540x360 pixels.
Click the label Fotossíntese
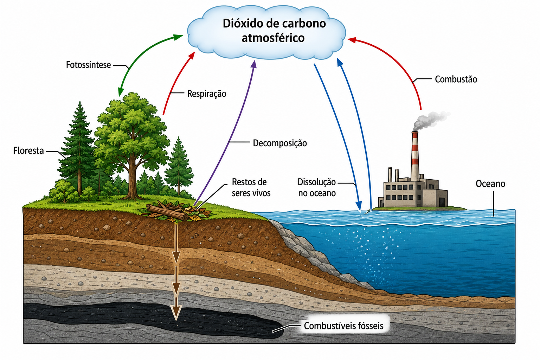[x=89, y=65]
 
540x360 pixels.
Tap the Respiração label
[x=207, y=94]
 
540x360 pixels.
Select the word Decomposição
[x=280, y=143]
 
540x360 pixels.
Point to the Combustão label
[x=456, y=79]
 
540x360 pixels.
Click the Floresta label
[x=28, y=151]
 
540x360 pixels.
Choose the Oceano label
[x=490, y=184]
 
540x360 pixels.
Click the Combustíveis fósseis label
[x=343, y=326]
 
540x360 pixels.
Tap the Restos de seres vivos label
[x=251, y=188]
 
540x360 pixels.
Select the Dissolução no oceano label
[x=317, y=188]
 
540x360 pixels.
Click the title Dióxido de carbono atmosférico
[x=274, y=31]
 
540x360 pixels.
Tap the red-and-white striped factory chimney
[x=415, y=156]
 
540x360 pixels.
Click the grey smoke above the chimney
[x=430, y=120]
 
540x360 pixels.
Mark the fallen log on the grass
[x=167, y=212]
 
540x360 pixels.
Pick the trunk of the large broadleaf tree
[x=131, y=179]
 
